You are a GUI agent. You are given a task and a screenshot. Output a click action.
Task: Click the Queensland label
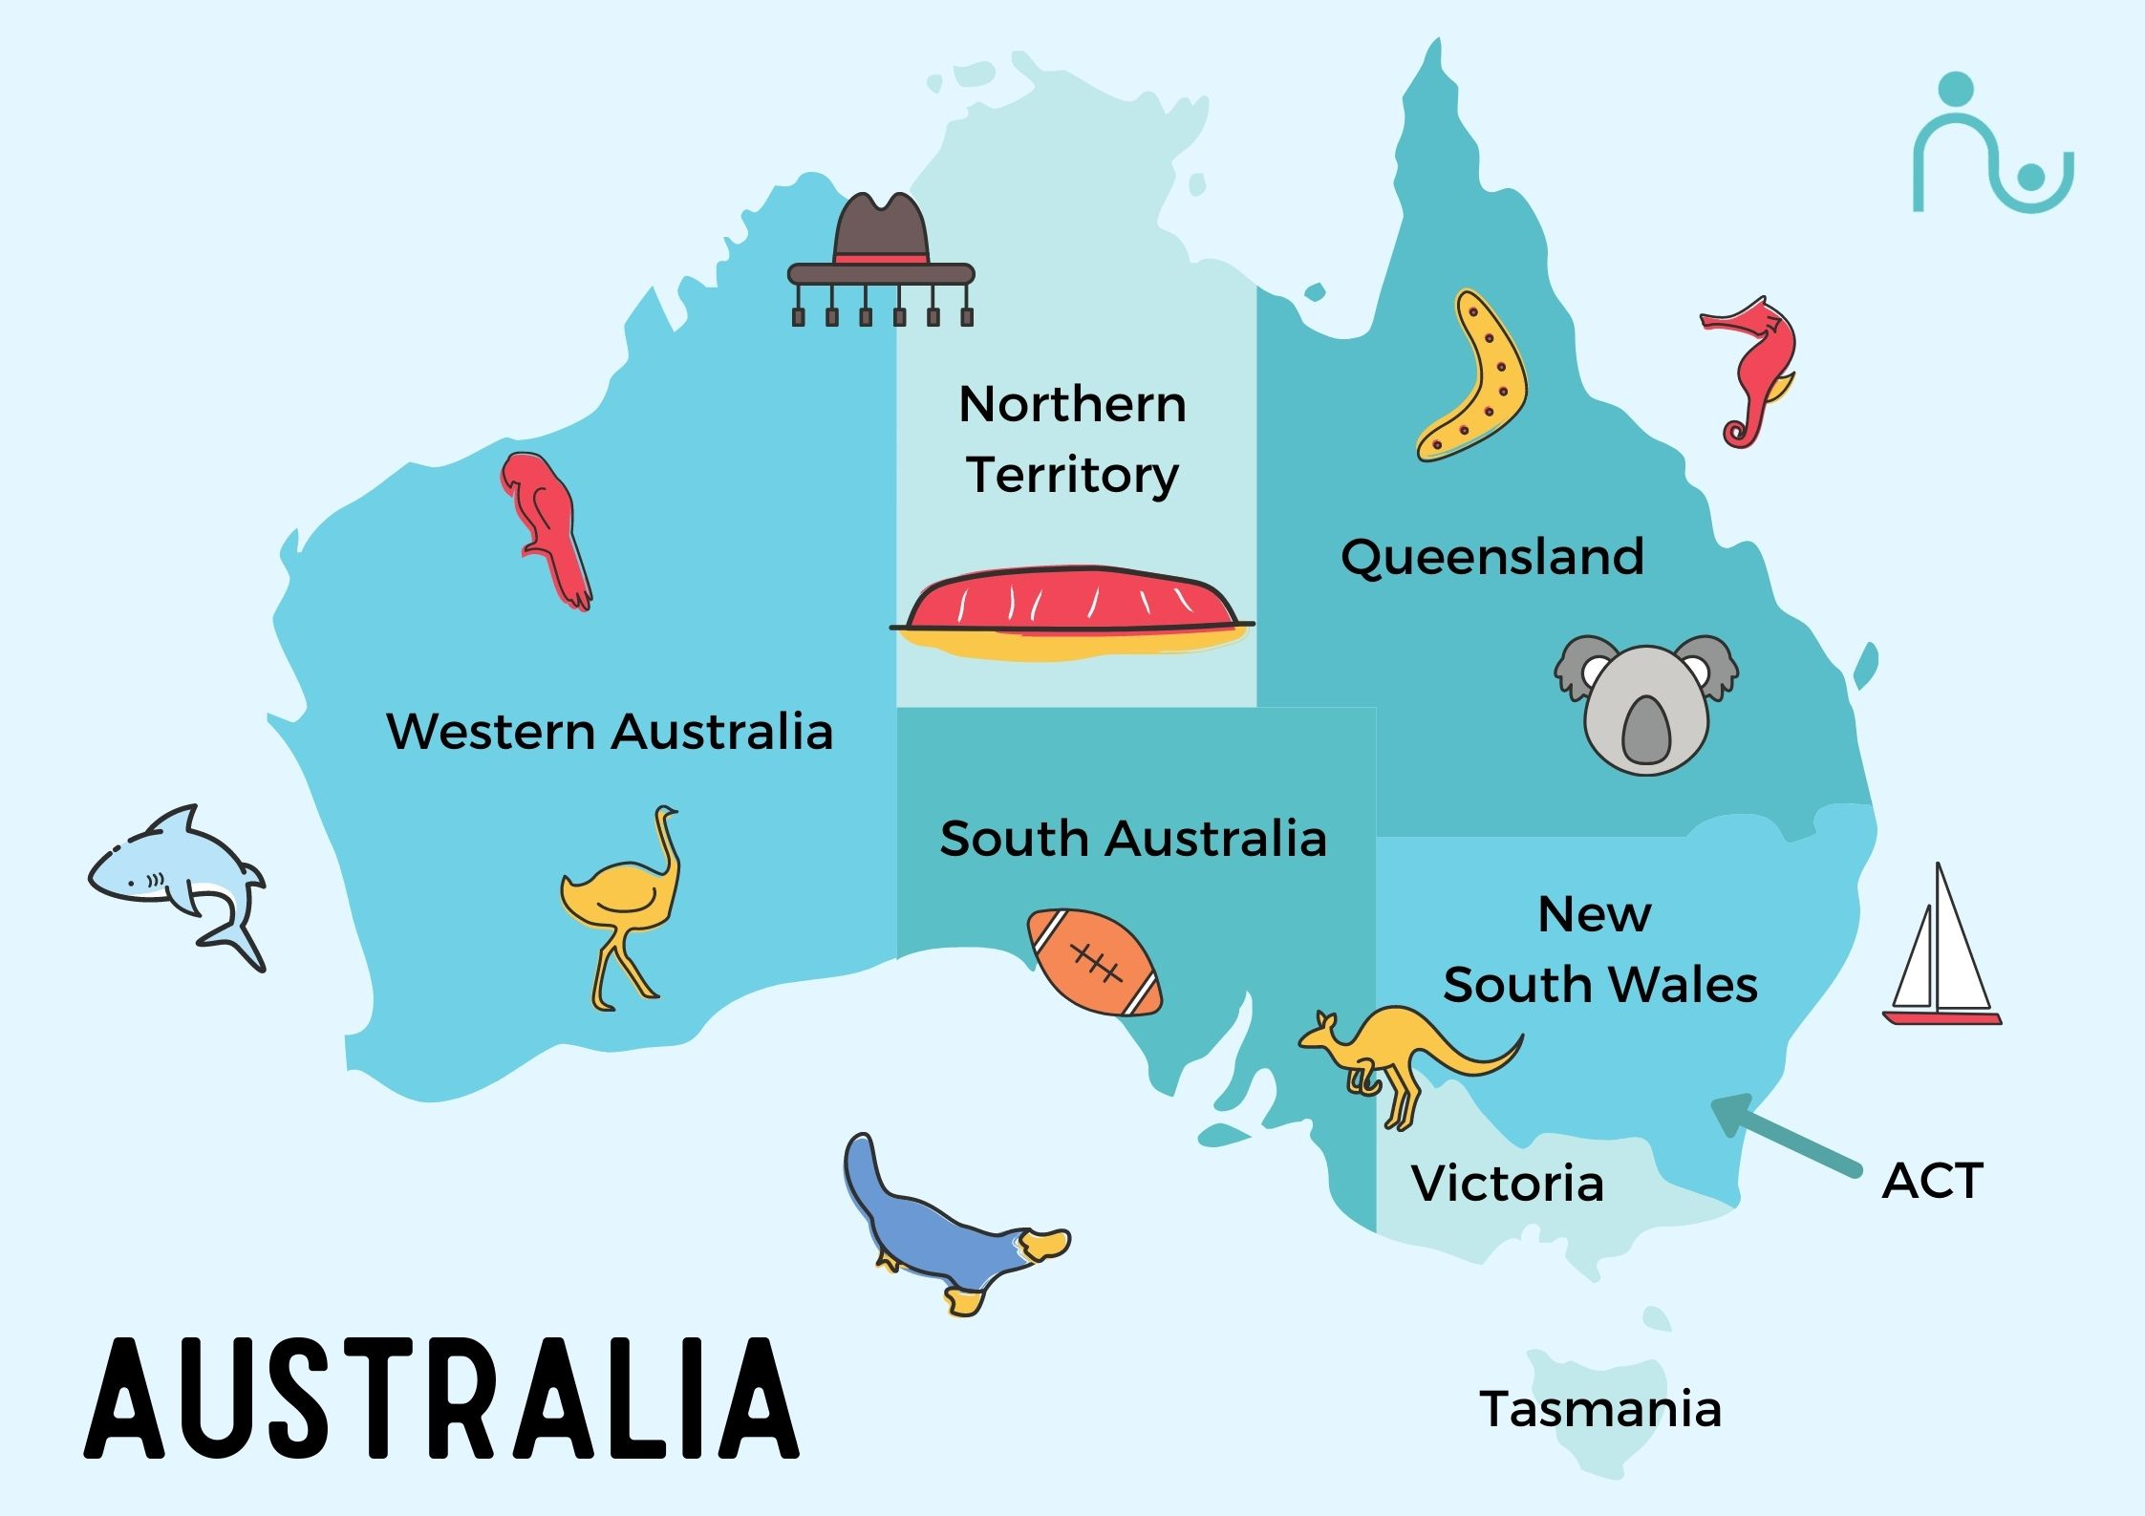(x=1491, y=557)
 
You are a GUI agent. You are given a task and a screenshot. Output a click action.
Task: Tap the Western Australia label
(x=610, y=732)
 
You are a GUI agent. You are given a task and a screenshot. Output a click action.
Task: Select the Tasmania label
(x=1600, y=1409)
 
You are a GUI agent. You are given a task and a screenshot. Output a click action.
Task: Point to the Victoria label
(x=1507, y=1184)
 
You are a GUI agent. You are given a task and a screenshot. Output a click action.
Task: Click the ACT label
(x=1932, y=1181)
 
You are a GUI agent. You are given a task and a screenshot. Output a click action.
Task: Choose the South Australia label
(x=1133, y=839)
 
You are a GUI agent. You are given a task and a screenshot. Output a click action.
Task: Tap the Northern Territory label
(x=1072, y=439)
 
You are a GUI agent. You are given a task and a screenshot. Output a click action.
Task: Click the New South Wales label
(x=1599, y=950)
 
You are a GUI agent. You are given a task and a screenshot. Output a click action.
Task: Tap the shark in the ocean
(x=177, y=874)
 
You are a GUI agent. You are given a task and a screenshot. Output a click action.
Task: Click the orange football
(x=1094, y=962)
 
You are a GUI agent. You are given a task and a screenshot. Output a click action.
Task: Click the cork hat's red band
(x=881, y=258)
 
